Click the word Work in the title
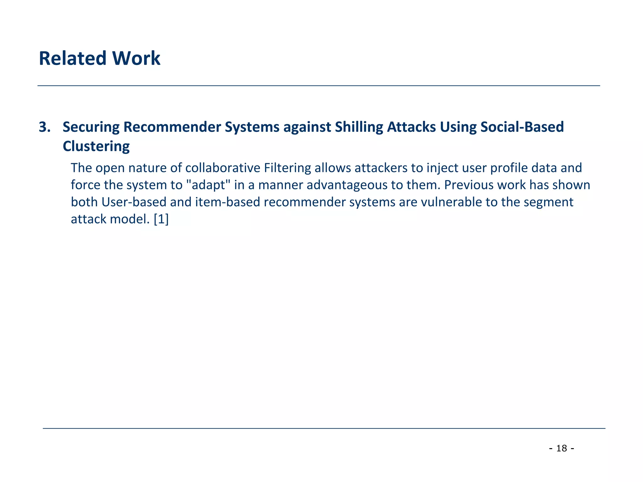click(x=136, y=58)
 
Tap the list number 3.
click(x=44, y=127)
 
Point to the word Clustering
click(x=96, y=146)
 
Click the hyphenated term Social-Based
click(x=522, y=127)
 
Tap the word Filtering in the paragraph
click(x=287, y=168)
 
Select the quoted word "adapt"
click(x=208, y=185)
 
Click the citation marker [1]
click(x=161, y=219)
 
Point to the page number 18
click(x=562, y=448)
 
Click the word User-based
click(x=134, y=202)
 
